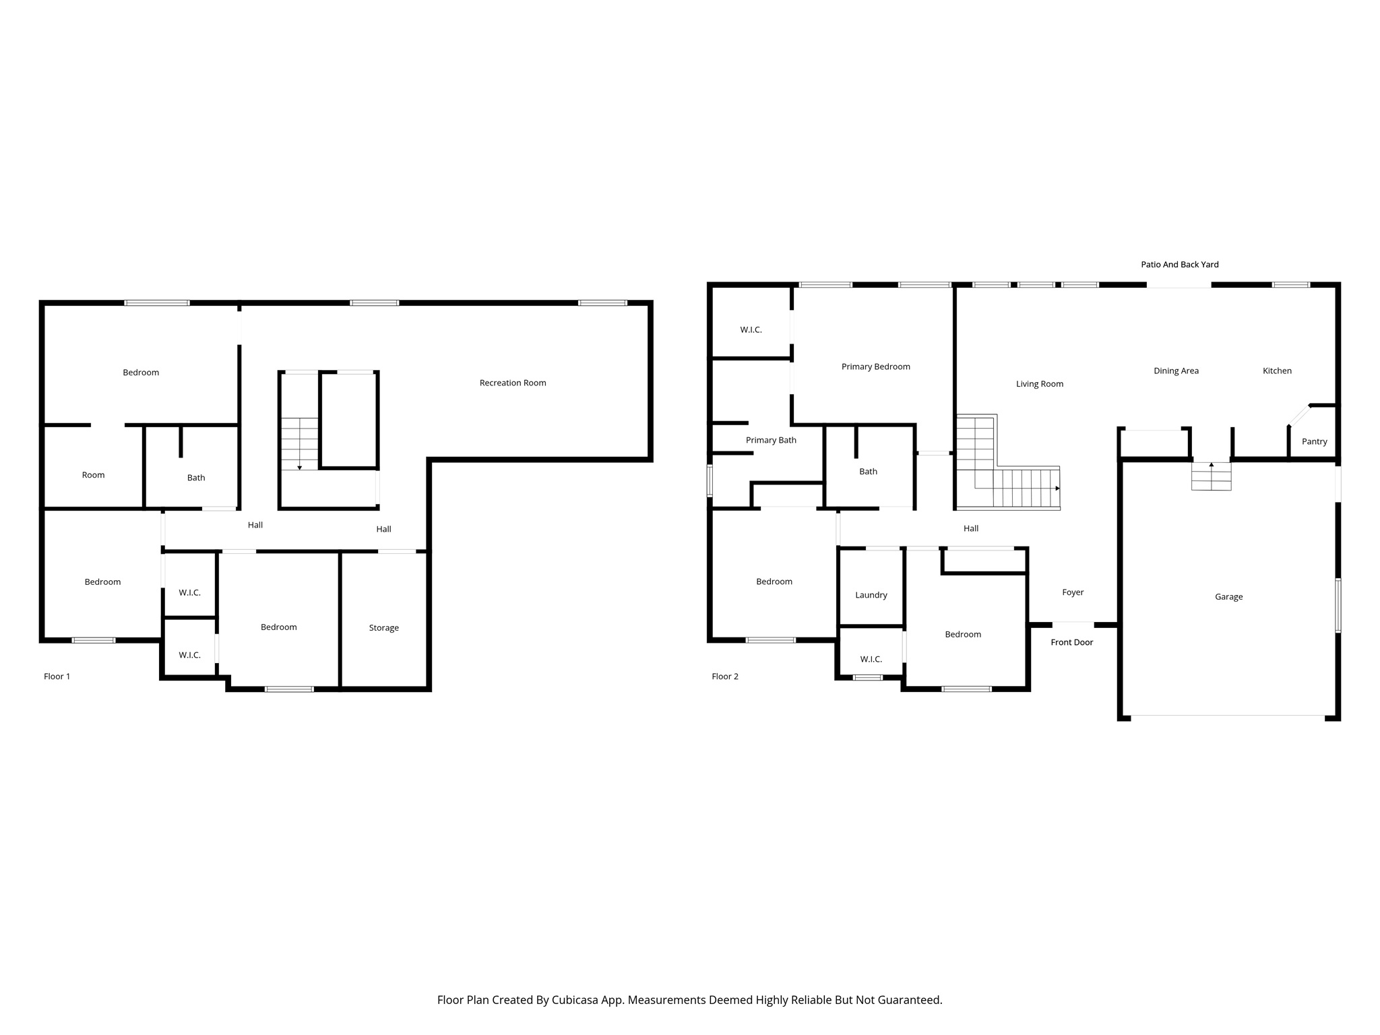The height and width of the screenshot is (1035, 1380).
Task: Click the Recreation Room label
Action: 513,383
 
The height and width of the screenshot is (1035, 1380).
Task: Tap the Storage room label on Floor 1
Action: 383,627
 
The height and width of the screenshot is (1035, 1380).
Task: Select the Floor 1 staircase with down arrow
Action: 299,443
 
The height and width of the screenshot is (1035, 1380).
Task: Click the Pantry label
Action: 1314,441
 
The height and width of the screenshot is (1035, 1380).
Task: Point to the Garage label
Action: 1228,596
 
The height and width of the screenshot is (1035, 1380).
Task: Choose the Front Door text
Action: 1071,642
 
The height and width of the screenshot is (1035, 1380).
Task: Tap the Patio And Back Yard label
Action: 1179,264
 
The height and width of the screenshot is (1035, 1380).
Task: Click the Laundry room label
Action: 871,595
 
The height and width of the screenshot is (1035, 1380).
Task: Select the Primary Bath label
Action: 771,440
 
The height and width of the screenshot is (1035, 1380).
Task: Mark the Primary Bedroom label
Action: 875,367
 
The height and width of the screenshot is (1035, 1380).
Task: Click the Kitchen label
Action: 1276,371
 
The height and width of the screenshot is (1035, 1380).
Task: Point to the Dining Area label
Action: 1176,371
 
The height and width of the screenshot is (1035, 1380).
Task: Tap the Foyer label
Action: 1072,592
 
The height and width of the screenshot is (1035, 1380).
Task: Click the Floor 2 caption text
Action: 725,676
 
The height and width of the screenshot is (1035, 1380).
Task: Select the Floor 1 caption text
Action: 57,676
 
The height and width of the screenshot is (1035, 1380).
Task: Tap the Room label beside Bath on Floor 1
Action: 93,475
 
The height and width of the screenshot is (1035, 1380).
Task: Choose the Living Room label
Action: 1039,384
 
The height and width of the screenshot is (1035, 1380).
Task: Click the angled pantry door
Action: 1298,415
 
